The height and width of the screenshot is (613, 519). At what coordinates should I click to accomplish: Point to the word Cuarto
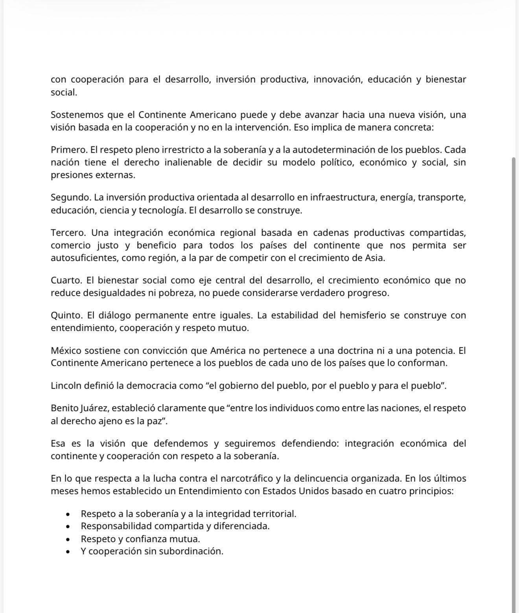(66, 280)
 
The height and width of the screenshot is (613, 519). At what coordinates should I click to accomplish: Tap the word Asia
(375, 258)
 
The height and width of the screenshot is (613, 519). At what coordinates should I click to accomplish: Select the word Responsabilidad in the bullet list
(116, 526)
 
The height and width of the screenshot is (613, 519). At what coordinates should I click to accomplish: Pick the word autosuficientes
(84, 258)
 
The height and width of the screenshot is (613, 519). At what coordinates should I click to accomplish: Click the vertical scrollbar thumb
(513, 354)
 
